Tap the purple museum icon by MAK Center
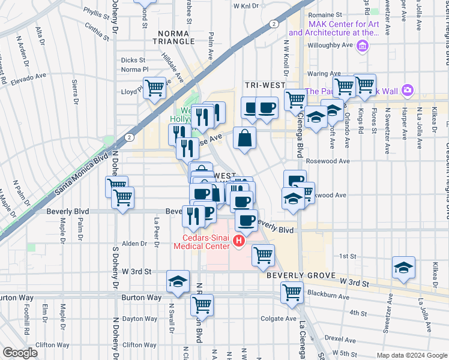[362, 46]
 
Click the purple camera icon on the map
[408, 91]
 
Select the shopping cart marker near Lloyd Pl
[155, 88]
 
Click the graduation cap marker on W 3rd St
[178, 282]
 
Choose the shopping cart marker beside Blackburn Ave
[292, 293]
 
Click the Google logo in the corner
[20, 353]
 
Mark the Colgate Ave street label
[278, 319]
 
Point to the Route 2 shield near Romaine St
[273, 24]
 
